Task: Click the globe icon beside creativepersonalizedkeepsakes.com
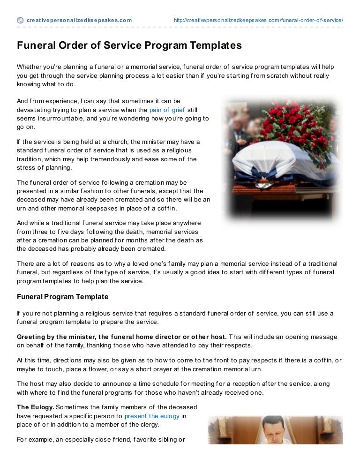(x=20, y=20)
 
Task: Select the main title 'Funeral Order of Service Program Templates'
(x=129, y=46)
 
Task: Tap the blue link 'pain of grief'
(x=167, y=110)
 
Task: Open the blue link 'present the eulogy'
(x=152, y=415)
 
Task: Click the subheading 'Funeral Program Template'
(x=63, y=297)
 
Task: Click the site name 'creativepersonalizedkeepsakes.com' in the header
(x=79, y=20)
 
